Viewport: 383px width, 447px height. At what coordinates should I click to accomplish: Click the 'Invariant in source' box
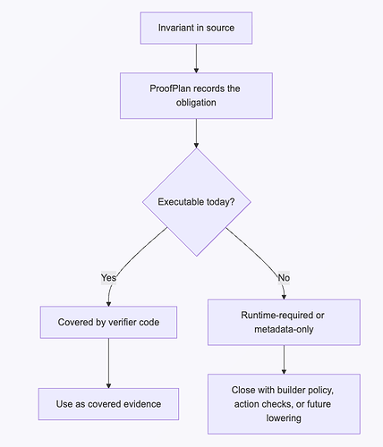pos(196,28)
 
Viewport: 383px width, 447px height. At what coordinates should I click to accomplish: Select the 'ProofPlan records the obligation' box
pos(196,96)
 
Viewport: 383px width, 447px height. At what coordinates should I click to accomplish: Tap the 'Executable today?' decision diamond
pos(197,202)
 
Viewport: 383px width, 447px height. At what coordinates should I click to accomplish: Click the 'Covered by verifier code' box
pos(108,322)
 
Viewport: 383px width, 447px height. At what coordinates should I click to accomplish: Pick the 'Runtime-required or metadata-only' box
pos(284,322)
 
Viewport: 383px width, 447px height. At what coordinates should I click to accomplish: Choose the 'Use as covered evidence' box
pos(108,404)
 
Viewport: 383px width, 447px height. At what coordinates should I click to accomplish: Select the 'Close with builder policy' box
pos(284,404)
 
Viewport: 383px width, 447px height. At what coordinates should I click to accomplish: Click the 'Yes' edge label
pos(108,278)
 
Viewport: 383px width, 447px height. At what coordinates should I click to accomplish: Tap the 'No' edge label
pos(284,278)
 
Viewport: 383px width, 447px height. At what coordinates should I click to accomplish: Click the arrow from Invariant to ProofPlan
pos(196,58)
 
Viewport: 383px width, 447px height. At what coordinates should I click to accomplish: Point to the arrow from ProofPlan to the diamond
pos(196,133)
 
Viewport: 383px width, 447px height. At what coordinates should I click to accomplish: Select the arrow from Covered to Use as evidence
pos(108,363)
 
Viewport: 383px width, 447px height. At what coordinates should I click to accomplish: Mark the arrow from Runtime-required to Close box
pos(284,359)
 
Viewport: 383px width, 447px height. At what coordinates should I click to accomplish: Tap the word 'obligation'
pos(196,103)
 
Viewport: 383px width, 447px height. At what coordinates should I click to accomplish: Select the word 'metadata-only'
pos(284,329)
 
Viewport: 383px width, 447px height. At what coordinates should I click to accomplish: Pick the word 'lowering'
pos(284,418)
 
